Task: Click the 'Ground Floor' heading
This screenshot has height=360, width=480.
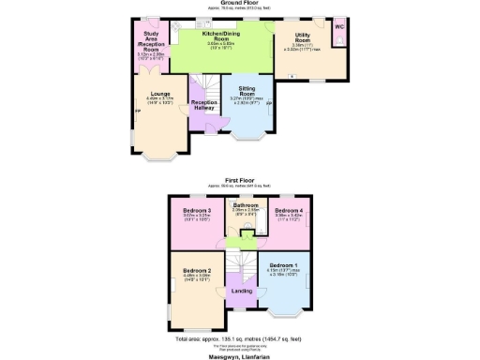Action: click(x=240, y=3)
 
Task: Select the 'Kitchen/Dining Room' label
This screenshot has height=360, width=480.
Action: click(x=222, y=37)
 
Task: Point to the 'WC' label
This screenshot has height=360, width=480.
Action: click(x=338, y=25)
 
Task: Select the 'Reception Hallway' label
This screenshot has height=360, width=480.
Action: click(x=203, y=106)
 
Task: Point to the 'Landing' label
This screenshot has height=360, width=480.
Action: click(x=240, y=291)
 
